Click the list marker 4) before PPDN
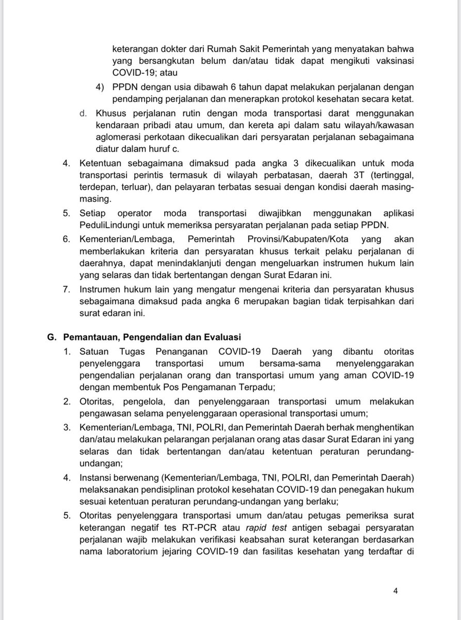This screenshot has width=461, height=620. pyautogui.click(x=101, y=85)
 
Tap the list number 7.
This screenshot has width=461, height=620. pyautogui.click(x=67, y=288)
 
